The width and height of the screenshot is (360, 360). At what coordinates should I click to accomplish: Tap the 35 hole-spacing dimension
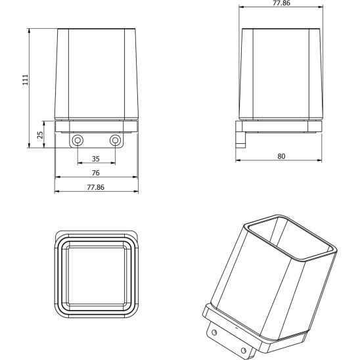pyautogui.click(x=96, y=159)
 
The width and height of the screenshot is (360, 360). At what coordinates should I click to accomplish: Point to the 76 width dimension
pyautogui.click(x=96, y=173)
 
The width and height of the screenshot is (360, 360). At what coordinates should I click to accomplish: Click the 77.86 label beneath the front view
pyautogui.click(x=96, y=187)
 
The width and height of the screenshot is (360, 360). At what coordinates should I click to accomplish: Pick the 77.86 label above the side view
pyautogui.click(x=281, y=4)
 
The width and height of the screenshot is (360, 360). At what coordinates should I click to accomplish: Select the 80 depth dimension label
pyautogui.click(x=281, y=156)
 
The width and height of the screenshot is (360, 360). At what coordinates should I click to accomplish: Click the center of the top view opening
pyautogui.click(x=97, y=277)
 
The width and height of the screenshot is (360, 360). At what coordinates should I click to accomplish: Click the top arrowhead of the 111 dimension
pyautogui.click(x=30, y=30)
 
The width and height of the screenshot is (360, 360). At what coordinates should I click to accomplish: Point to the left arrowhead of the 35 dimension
pyautogui.click(x=79, y=164)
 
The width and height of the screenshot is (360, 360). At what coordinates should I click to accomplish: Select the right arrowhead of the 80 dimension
pyautogui.click(x=323, y=161)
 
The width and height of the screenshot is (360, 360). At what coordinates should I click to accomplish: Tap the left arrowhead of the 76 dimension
pyautogui.click(x=56, y=177)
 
